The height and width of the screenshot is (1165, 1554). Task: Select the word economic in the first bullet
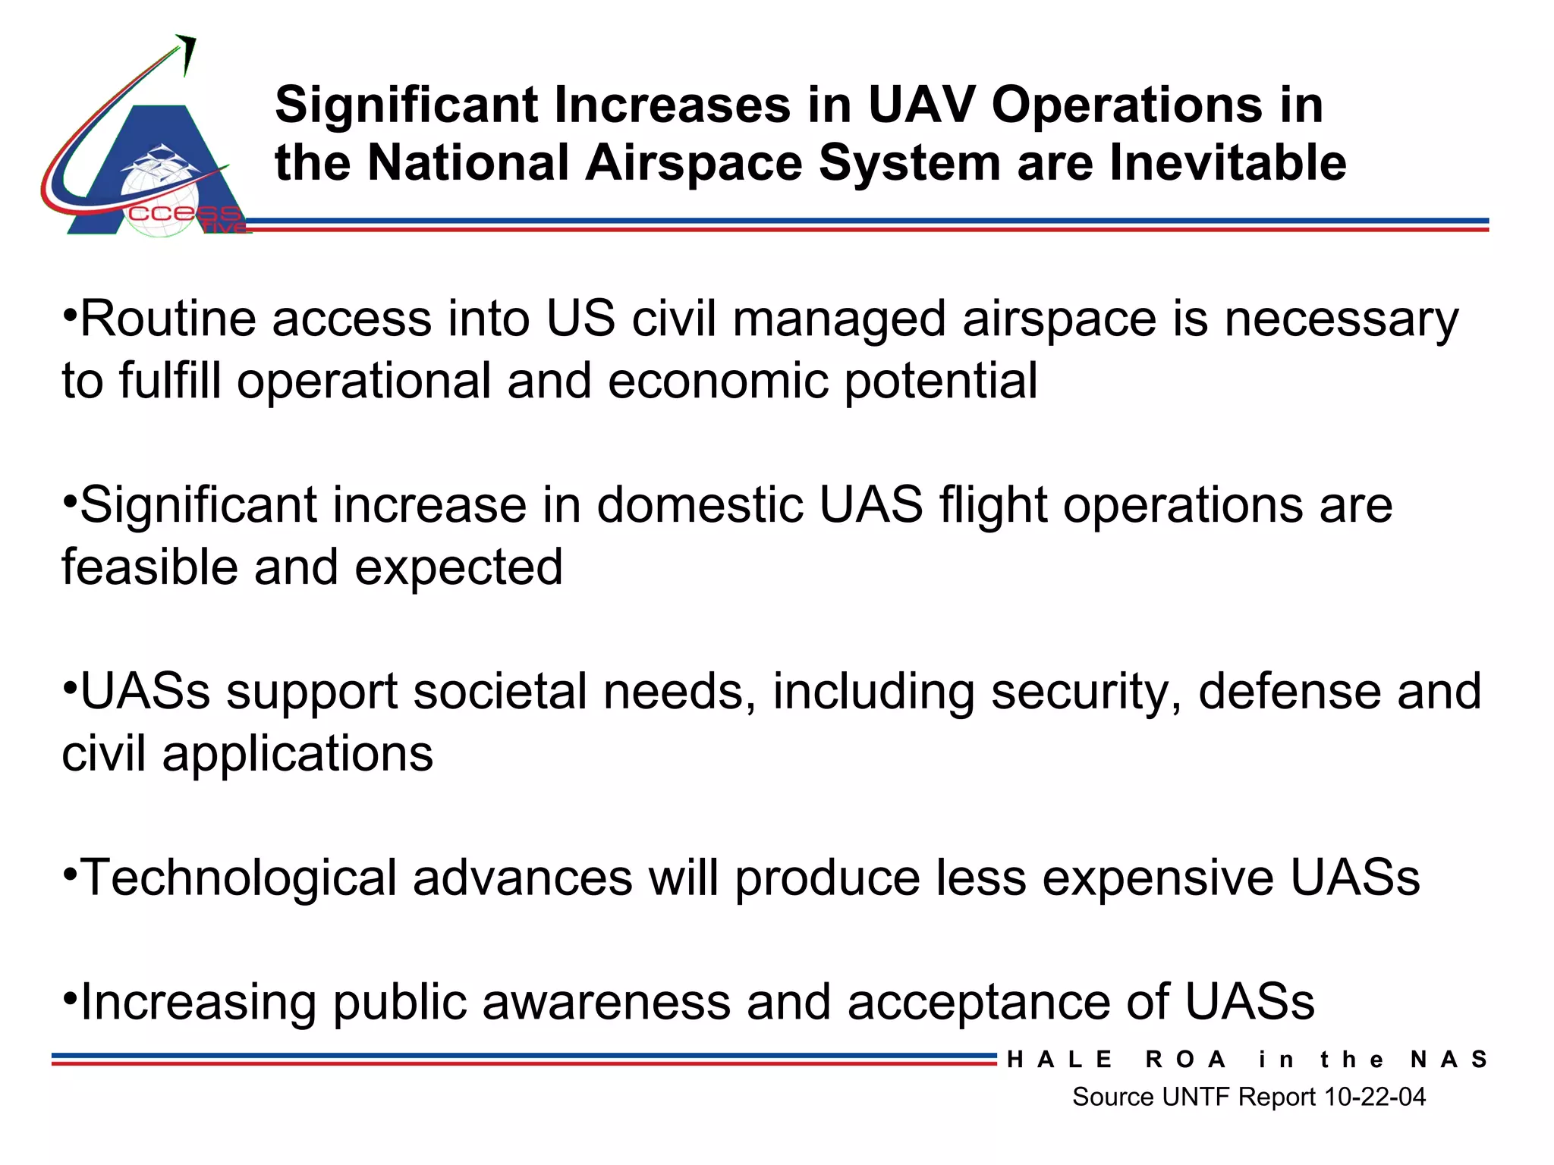tap(717, 381)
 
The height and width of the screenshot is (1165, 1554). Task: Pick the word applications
tap(298, 754)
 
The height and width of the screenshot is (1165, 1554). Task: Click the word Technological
tap(238, 878)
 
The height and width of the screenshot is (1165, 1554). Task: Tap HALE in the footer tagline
tap(1059, 1060)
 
